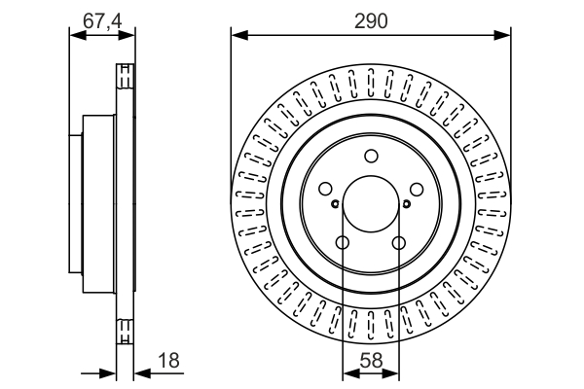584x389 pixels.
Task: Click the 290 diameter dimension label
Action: [371, 20]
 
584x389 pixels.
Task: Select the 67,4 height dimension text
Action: [102, 20]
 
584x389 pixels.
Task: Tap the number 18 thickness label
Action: [168, 361]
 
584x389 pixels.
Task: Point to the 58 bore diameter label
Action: [371, 361]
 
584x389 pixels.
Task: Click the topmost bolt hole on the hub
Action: [371, 156]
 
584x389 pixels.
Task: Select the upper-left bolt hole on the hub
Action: [325, 189]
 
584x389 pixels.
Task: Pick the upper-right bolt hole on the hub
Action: [417, 189]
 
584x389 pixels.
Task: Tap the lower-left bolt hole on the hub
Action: [343, 243]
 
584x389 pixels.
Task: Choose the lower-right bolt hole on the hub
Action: [399, 243]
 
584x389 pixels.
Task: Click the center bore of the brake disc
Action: [371, 204]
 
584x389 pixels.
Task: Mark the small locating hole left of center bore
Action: [335, 203]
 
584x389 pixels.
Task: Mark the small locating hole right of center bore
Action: [407, 203]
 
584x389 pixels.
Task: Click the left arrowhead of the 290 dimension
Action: [239, 36]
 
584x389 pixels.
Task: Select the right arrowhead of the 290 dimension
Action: [502, 36]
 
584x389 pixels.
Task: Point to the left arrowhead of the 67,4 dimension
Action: [78, 36]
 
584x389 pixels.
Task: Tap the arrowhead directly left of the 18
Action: [142, 373]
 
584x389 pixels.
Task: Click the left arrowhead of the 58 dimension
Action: [350, 373]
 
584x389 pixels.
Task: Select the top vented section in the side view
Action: [126, 76]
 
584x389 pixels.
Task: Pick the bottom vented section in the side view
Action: [126, 331]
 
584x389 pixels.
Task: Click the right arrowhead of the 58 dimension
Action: [390, 373]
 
